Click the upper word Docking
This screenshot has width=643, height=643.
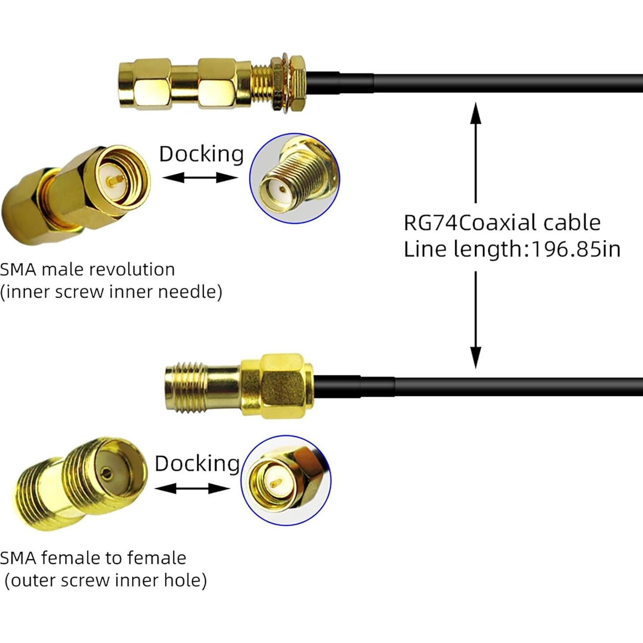(x=201, y=154)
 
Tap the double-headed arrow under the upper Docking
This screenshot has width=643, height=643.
(x=200, y=178)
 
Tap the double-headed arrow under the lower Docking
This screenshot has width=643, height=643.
(x=192, y=488)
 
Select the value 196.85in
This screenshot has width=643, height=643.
(x=576, y=250)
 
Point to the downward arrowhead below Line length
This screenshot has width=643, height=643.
(x=475, y=356)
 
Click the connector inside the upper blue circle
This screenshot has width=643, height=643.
(x=294, y=178)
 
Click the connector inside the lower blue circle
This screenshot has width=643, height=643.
(x=286, y=480)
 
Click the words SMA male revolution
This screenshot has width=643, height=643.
(x=87, y=269)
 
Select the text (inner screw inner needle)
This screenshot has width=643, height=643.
(x=111, y=292)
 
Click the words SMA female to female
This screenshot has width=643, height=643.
(x=93, y=558)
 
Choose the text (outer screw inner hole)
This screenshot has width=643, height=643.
(x=105, y=581)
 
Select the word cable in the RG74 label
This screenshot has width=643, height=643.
(x=572, y=223)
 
